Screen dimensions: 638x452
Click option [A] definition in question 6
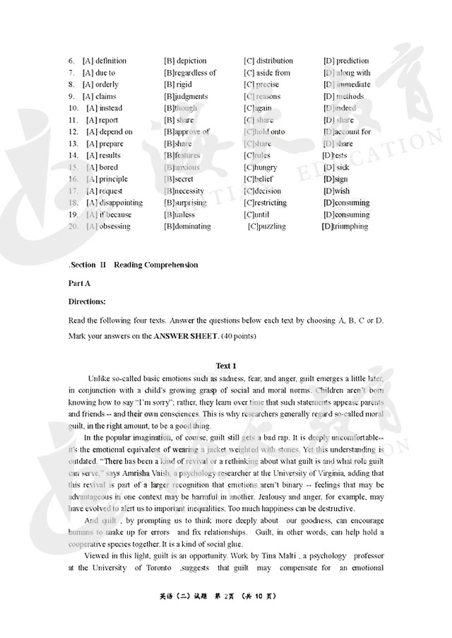[x=105, y=61]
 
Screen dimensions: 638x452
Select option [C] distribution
[x=268, y=61]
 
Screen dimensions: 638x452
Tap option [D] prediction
[x=346, y=61]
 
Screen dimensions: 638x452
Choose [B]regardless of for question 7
[x=190, y=73]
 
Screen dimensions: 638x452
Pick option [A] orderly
[x=101, y=85]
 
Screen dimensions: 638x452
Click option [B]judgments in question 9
[x=186, y=97]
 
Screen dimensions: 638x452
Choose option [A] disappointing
[x=114, y=203]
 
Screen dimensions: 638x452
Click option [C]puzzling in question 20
[x=266, y=227]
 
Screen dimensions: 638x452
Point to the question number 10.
[x=73, y=109]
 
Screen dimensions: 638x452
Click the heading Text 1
[x=226, y=366]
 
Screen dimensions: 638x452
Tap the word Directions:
[x=87, y=301]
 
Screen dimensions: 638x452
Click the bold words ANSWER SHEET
[x=186, y=336]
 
